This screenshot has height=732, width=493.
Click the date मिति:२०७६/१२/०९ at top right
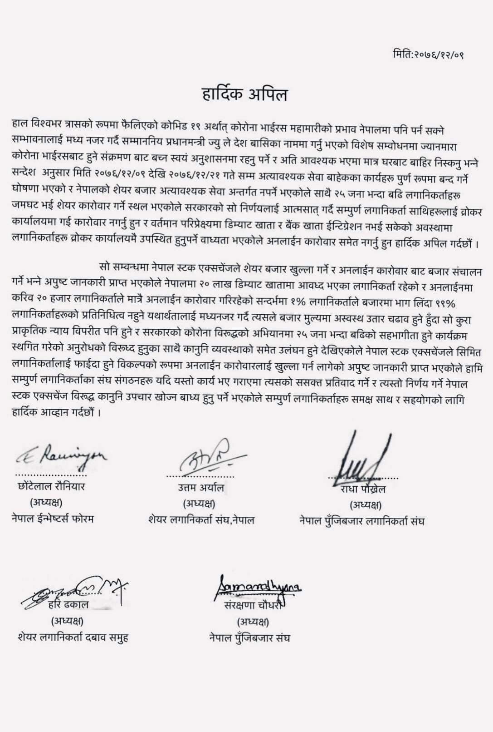[428, 55]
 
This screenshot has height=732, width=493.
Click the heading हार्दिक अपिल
[245, 95]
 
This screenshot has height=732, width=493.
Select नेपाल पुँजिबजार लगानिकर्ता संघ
[361, 521]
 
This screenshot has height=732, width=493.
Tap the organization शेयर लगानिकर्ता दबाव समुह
[73, 638]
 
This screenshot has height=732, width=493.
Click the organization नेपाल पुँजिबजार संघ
[249, 638]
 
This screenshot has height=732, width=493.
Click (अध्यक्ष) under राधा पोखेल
[365, 505]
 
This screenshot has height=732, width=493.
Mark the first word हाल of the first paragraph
[20, 123]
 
